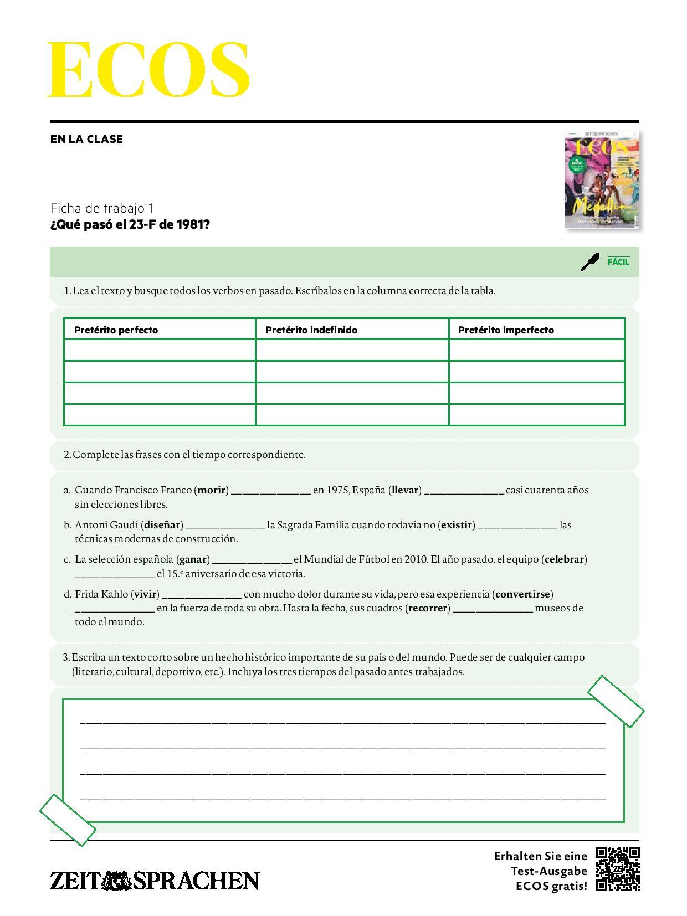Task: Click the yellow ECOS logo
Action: [148, 70]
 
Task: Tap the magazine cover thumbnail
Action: [602, 180]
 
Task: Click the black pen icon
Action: [589, 262]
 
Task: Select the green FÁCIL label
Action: [618, 261]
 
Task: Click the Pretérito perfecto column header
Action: [116, 330]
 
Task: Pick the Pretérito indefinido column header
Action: [311, 330]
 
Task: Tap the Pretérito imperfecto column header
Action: [506, 330]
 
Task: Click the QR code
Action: [618, 868]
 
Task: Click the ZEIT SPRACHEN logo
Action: [155, 881]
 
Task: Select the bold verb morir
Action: [212, 490]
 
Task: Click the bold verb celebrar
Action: [565, 559]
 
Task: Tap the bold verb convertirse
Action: [523, 594]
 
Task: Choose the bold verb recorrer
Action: [428, 608]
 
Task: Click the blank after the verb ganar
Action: [252, 560]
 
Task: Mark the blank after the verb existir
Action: [517, 526]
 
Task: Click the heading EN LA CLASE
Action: [86, 139]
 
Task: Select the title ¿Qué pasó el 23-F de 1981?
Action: [130, 224]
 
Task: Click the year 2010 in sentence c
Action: [415, 559]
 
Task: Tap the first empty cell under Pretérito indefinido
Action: [352, 350]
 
